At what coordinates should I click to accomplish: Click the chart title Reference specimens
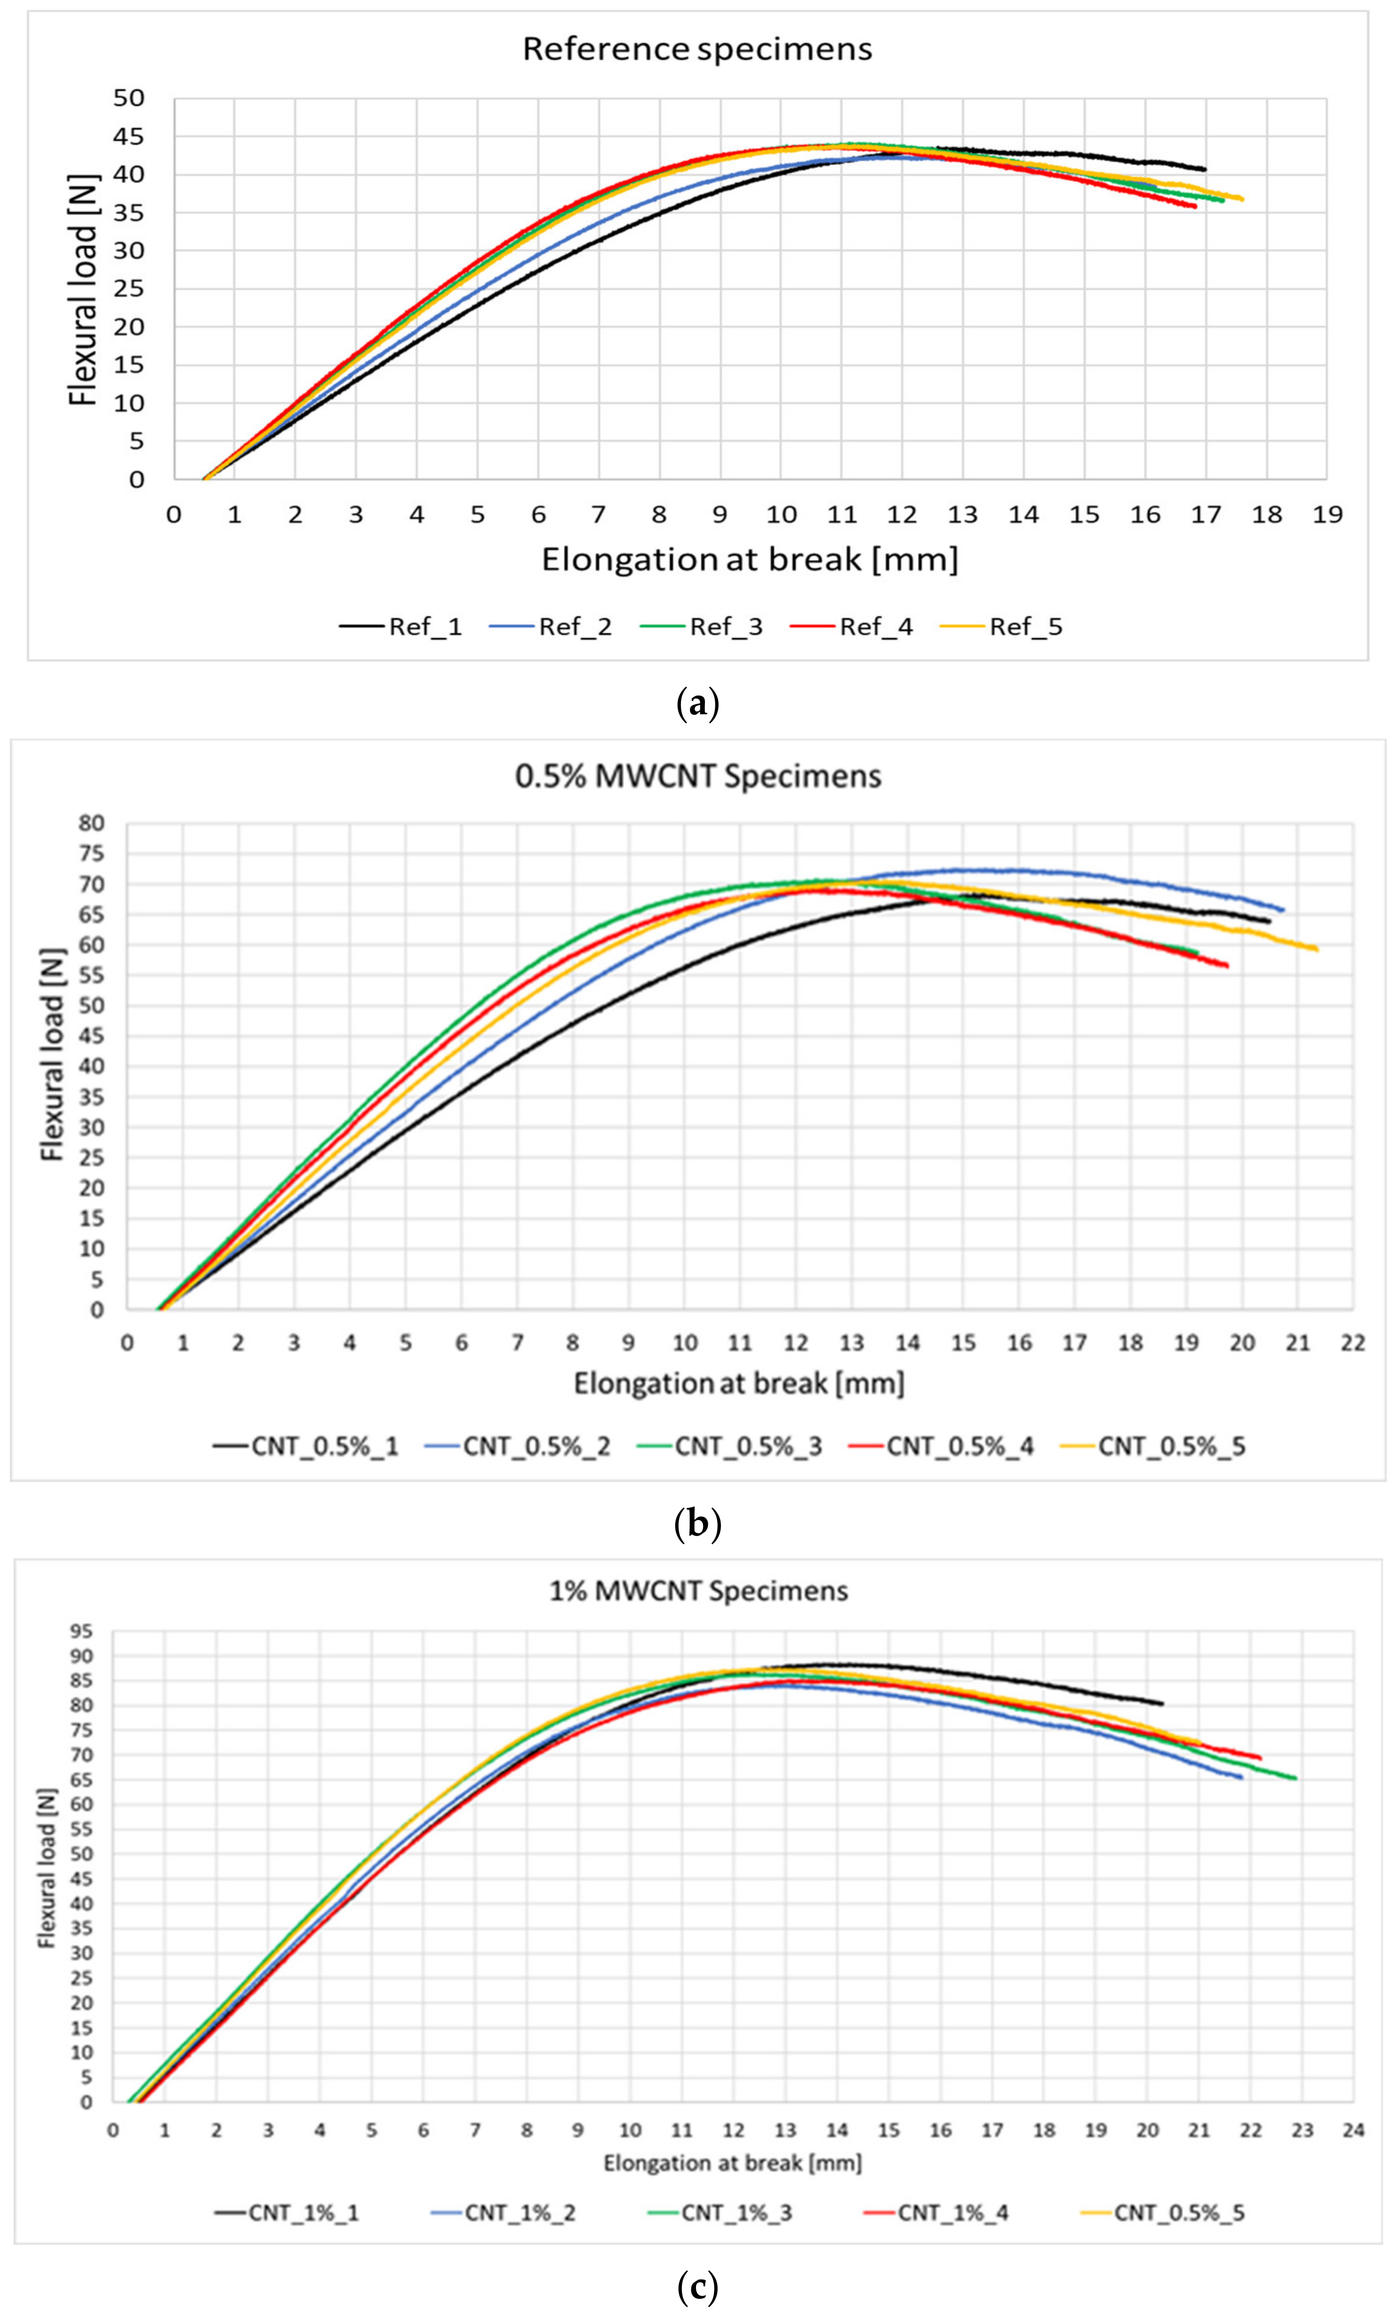(697, 49)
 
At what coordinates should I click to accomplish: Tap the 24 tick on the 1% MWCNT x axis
(1352, 2131)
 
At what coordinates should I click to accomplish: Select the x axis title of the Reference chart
(750, 560)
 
